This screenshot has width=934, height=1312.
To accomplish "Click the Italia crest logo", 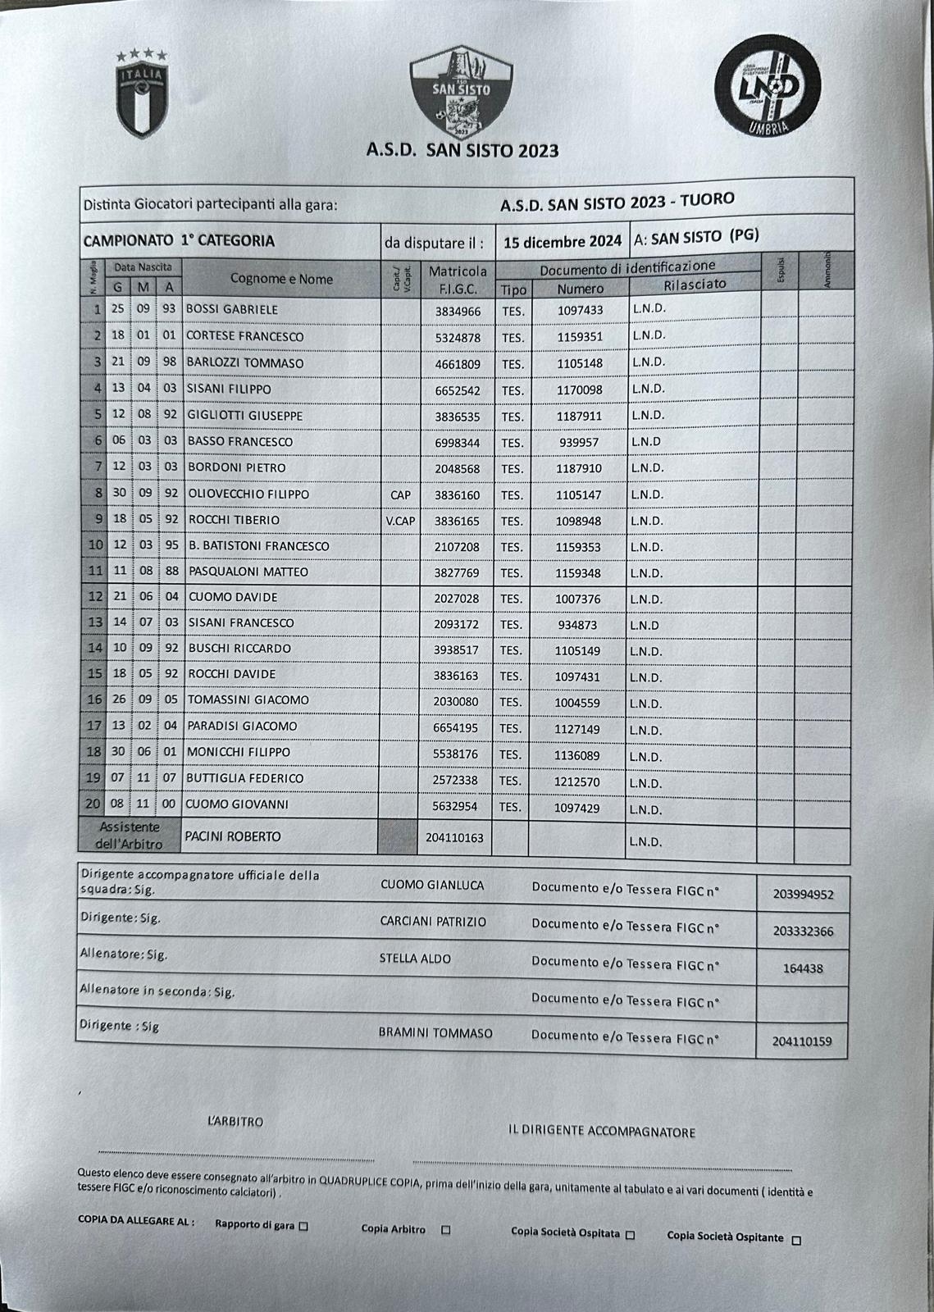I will tap(143, 93).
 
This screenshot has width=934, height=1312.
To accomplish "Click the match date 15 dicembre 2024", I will tap(562, 242).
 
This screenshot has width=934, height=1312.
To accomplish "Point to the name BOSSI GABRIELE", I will tap(232, 310).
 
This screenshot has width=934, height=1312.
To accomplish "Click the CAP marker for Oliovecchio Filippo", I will tap(400, 495).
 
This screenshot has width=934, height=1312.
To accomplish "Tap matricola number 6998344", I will tap(457, 443).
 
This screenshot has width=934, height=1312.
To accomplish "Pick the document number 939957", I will tap(579, 443).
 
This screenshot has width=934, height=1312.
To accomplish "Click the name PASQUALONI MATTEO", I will tap(248, 572).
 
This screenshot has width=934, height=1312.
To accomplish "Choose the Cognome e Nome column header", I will tap(281, 279).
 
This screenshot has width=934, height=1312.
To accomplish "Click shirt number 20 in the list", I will tap(94, 804).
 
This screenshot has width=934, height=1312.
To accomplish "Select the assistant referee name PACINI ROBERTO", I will tap(233, 836).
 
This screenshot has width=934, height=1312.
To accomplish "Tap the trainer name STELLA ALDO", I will tap(415, 959).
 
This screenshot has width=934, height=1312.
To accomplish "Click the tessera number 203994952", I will tap(803, 895).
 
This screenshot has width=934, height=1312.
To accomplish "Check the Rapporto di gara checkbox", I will tap(303, 1227).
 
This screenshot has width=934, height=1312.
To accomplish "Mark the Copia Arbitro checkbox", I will tap(446, 1230).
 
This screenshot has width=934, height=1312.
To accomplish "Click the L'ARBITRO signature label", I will tap(235, 1121).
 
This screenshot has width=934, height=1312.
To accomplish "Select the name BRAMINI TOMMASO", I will tap(435, 1033).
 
